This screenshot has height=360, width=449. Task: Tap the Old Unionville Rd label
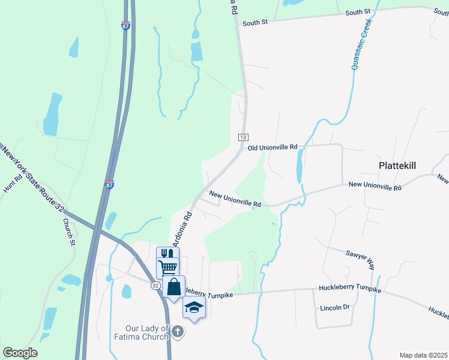[x=273, y=147]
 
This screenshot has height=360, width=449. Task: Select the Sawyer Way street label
[x=360, y=258]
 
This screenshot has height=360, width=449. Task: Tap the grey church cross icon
[x=177, y=331]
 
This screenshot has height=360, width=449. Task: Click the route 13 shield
[x=243, y=137]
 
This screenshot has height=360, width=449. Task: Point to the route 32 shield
[x=155, y=286]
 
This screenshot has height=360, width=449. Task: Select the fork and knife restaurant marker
[x=167, y=254]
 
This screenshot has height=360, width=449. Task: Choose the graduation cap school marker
[x=194, y=307]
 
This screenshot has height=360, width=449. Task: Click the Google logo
[x=20, y=353]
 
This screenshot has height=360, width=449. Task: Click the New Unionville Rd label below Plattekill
[x=375, y=187]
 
